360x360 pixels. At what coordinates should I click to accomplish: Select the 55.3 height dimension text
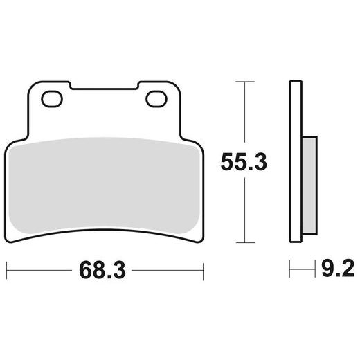(244, 162)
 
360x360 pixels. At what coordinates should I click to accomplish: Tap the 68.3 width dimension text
(102, 270)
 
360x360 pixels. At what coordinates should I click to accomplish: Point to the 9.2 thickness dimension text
(338, 268)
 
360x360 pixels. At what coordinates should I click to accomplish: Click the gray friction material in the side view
(309, 186)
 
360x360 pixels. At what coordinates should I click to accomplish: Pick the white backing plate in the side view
(296, 161)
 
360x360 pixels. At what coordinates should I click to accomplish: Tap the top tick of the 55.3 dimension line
(245, 82)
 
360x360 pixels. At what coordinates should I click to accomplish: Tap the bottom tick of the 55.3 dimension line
(245, 243)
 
